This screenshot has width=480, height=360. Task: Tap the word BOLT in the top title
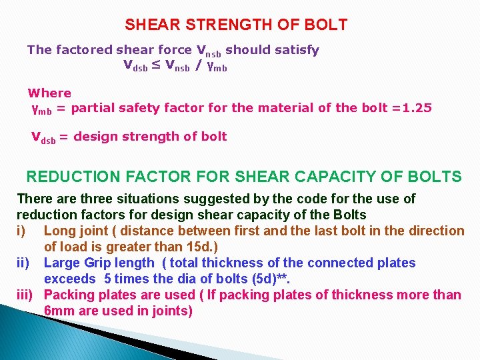pyautogui.click(x=324, y=25)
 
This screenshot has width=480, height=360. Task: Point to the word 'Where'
pyautogui.click(x=49, y=93)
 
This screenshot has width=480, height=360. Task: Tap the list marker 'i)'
pyautogui.click(x=22, y=231)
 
